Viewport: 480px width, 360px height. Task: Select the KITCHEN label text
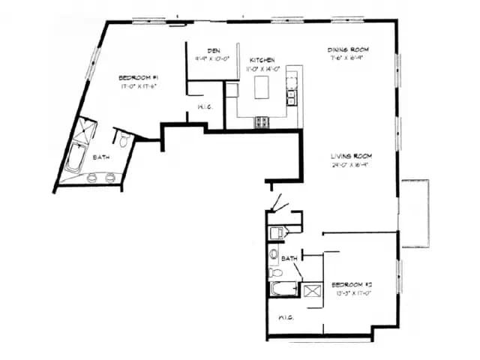(262, 58)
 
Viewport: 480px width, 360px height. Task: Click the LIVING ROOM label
(352, 156)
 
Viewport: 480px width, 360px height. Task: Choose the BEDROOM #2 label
(352, 285)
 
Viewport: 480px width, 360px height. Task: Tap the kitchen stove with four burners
(263, 121)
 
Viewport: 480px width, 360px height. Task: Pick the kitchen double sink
(291, 97)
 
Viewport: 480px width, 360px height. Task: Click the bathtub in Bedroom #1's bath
(75, 157)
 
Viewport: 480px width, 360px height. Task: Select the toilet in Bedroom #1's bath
(122, 140)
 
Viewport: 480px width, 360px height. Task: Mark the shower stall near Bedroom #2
(312, 290)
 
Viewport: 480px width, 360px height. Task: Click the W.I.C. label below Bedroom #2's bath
(286, 317)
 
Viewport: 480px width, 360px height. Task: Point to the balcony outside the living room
(415, 213)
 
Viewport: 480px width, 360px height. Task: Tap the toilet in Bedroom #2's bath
(274, 253)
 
